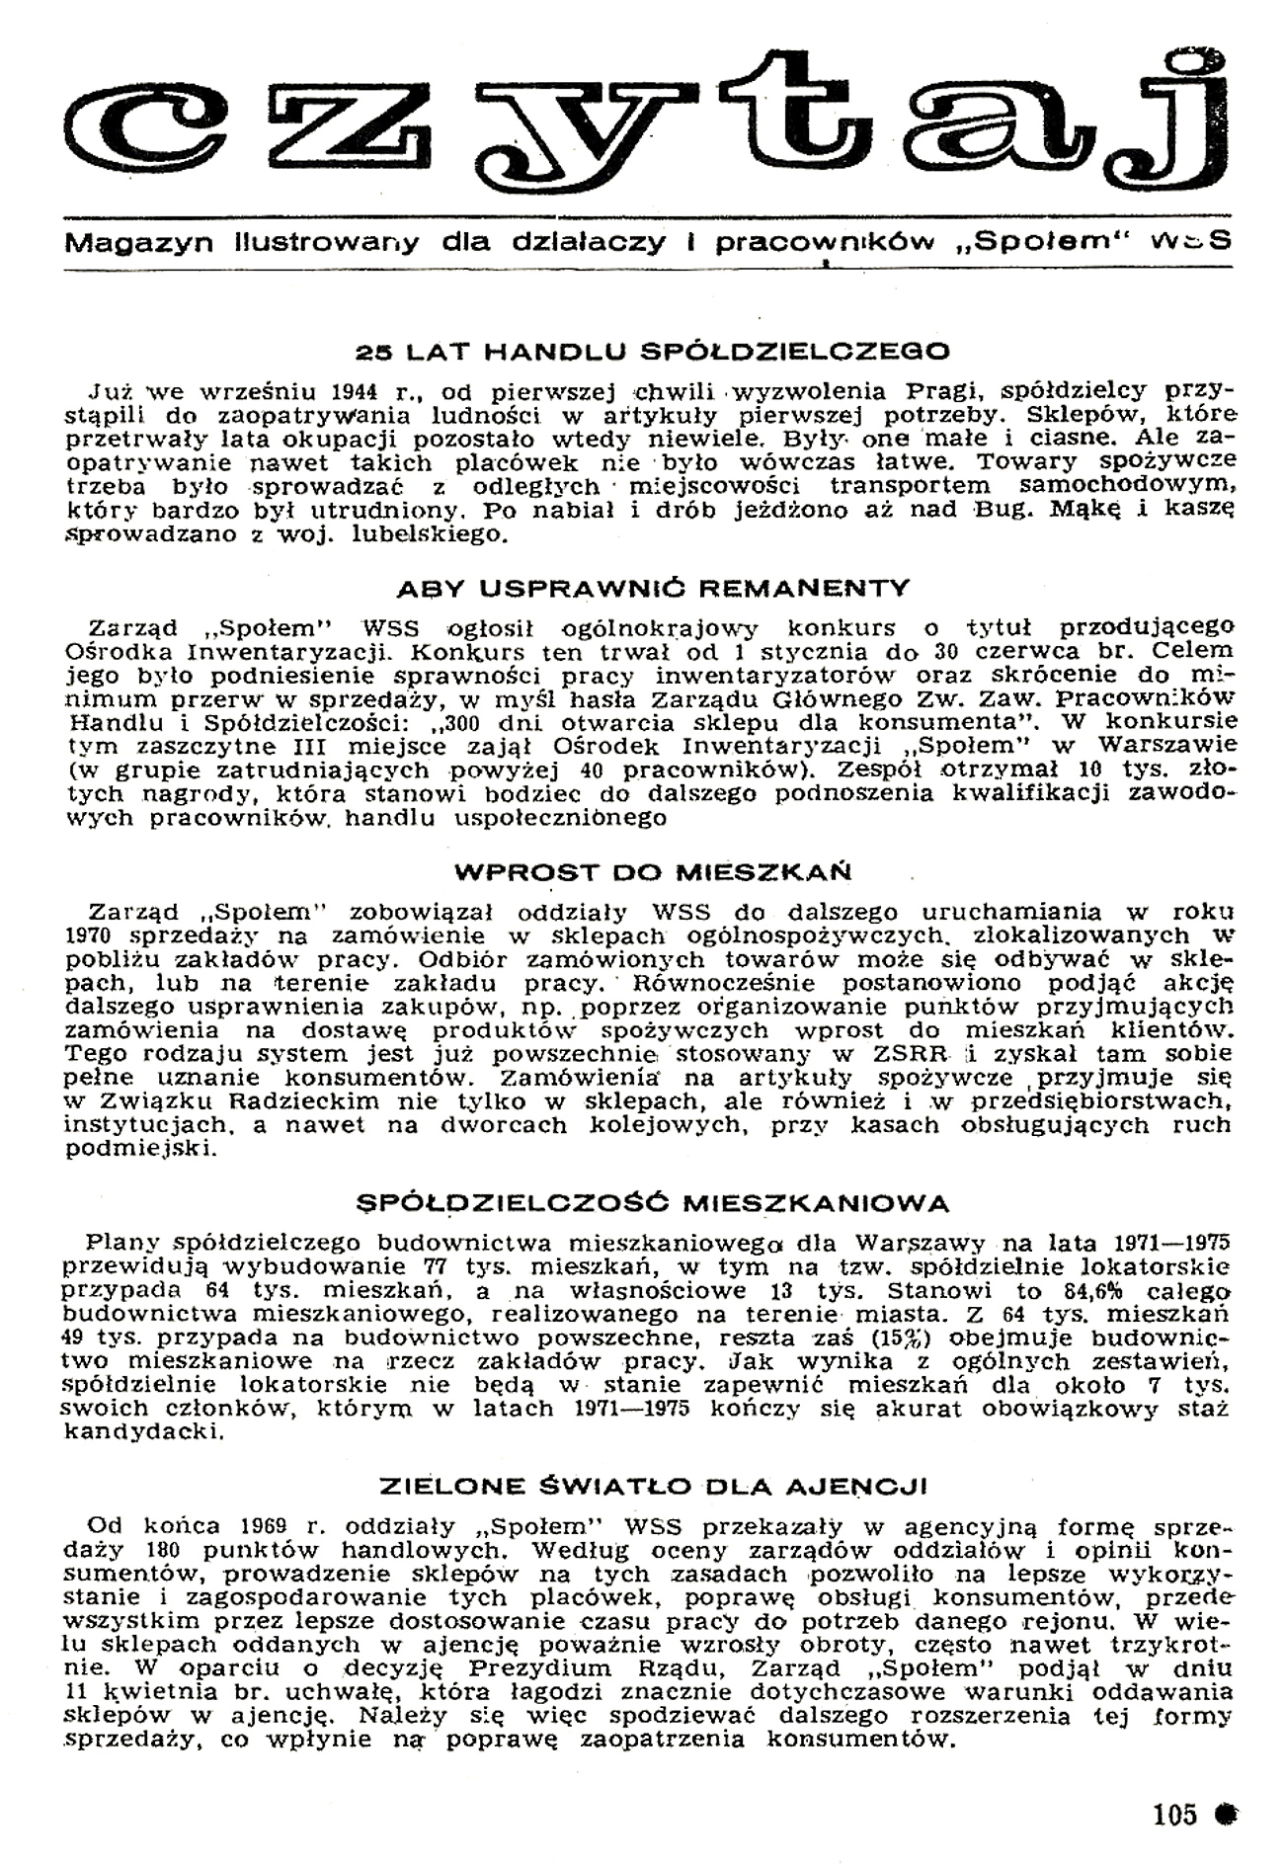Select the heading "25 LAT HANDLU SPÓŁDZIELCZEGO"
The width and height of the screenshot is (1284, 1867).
[652, 351]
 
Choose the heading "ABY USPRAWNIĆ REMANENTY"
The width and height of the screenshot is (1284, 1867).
[652, 589]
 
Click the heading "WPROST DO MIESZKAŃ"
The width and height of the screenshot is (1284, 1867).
[652, 873]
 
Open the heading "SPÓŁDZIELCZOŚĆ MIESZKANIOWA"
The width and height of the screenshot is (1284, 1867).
[652, 1203]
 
